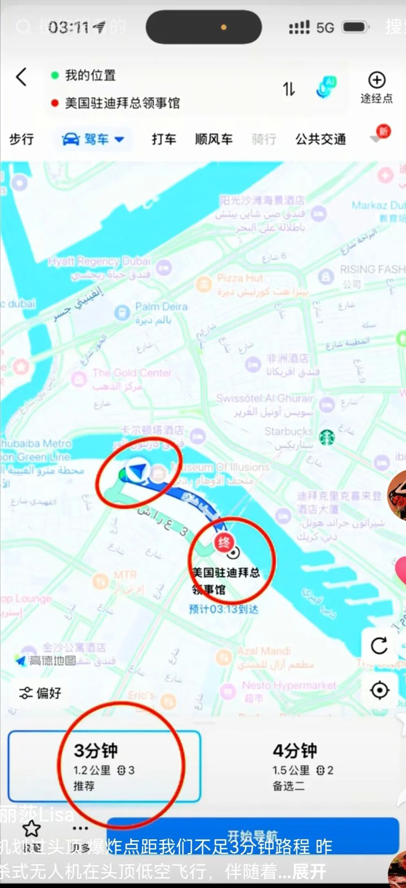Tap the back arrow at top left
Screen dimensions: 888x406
point(21,77)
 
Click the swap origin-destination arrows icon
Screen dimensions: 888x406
point(289,89)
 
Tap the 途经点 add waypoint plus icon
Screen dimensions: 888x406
point(377,81)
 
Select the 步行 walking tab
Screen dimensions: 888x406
point(21,139)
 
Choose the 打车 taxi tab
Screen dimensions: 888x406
point(164,139)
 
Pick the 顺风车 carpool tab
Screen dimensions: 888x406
point(214,139)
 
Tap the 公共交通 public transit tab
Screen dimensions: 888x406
point(320,139)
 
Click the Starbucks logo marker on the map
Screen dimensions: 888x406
point(327,437)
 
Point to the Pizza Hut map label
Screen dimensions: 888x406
point(240,278)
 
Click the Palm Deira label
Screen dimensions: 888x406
point(161,307)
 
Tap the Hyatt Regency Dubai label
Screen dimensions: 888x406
point(100,262)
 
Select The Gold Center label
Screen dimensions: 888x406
point(132,373)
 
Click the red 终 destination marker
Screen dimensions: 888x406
point(224,543)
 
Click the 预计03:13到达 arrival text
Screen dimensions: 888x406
point(223,609)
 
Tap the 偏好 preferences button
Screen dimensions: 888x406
point(41,693)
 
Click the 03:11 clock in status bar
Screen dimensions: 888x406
point(68,28)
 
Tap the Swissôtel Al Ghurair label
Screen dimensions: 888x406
point(265,399)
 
